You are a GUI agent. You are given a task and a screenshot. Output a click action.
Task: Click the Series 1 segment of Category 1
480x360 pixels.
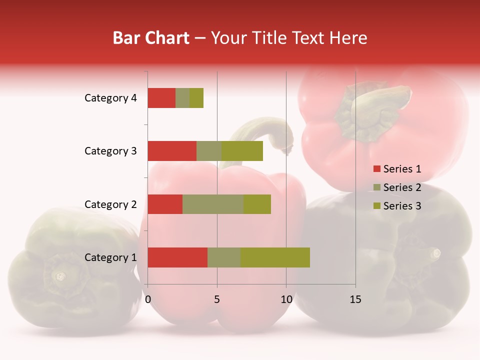pyautogui.click(x=177, y=257)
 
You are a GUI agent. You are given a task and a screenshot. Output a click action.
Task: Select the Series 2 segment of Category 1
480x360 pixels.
pyautogui.click(x=224, y=257)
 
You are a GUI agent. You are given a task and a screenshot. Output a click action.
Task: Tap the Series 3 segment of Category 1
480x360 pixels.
pyautogui.click(x=275, y=257)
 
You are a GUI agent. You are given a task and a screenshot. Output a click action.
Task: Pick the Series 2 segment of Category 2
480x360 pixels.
pyautogui.click(x=213, y=204)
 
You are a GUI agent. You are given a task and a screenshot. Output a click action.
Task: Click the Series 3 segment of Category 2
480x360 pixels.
pyautogui.click(x=257, y=204)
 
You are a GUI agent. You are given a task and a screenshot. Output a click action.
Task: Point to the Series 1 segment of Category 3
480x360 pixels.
pyautogui.click(x=172, y=151)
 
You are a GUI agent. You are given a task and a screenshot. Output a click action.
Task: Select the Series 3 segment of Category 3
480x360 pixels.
pyautogui.click(x=242, y=151)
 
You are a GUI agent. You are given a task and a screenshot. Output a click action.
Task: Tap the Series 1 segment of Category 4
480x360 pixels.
pyautogui.click(x=161, y=98)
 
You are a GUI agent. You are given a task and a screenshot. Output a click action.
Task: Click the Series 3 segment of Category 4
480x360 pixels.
pyautogui.click(x=196, y=98)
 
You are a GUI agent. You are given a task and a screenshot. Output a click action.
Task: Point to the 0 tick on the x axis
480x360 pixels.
pyautogui.click(x=148, y=299)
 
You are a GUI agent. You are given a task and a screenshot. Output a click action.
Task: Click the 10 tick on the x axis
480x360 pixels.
pyautogui.click(x=286, y=299)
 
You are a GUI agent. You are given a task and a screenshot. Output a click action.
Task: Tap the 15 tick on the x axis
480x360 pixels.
pyautogui.click(x=355, y=299)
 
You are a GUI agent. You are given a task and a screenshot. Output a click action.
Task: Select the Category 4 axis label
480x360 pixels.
pyautogui.click(x=110, y=98)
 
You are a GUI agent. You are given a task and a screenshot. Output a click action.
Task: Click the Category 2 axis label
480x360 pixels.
pyautogui.click(x=110, y=204)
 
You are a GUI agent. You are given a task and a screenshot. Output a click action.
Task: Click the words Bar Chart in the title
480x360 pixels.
pyautogui.click(x=151, y=38)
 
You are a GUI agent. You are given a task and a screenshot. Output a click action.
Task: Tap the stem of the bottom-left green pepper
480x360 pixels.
pyautogui.click(x=60, y=275)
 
